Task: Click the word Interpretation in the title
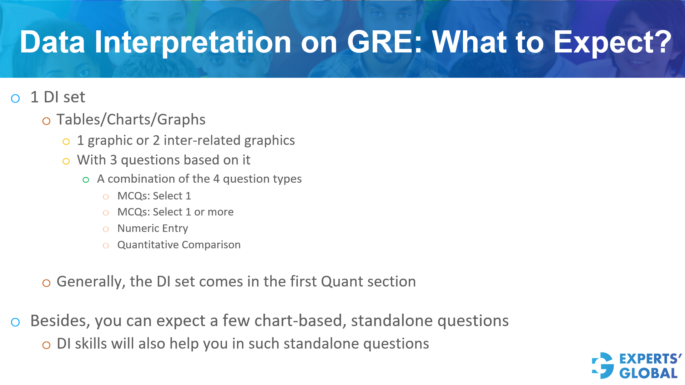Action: coord(193,43)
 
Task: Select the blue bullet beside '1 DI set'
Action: coord(15,98)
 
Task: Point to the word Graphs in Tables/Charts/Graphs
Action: coord(181,120)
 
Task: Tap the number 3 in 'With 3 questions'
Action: coord(114,160)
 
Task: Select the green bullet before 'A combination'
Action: coord(86,180)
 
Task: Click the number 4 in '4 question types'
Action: coord(216,179)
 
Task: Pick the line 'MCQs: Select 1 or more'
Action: coord(175,212)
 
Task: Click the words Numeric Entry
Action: coord(152,228)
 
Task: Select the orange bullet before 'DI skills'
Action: coord(46,345)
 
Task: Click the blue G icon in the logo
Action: coord(603,365)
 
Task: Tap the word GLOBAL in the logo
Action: coord(648,374)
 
